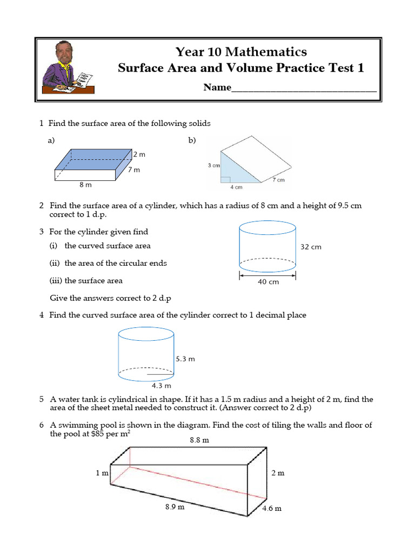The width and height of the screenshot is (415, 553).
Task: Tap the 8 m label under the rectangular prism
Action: pyautogui.click(x=85, y=185)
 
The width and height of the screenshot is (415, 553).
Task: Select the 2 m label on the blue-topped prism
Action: pyautogui.click(x=139, y=154)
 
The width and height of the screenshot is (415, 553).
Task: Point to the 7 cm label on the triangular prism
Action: pyautogui.click(x=278, y=180)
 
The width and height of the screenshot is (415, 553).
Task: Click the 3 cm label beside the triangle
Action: pyautogui.click(x=213, y=166)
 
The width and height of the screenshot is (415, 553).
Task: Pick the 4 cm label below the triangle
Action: pyautogui.click(x=236, y=187)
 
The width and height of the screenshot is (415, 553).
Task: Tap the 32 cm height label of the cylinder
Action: pyautogui.click(x=311, y=247)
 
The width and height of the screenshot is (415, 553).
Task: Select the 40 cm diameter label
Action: pyautogui.click(x=267, y=282)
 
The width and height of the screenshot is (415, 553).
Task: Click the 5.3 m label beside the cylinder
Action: pyautogui.click(x=185, y=359)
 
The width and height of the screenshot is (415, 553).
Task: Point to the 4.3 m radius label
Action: pyautogui.click(x=161, y=386)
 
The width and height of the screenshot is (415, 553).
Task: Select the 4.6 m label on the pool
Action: pyautogui.click(x=272, y=509)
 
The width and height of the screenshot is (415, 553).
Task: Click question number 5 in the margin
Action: pyautogui.click(x=41, y=400)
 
